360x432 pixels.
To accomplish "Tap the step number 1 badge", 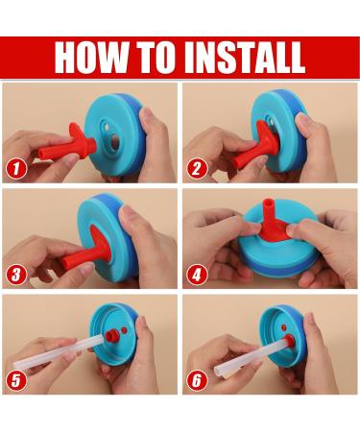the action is coord(16,169).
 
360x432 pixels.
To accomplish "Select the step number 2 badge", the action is coord(197,169).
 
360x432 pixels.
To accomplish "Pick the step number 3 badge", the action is coord(16,275).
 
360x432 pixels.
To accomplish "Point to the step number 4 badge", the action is coord(197,275).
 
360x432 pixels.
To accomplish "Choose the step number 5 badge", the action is coord(16,380).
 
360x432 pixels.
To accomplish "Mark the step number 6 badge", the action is coord(197,380).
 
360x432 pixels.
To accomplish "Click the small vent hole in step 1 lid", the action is coord(107,128).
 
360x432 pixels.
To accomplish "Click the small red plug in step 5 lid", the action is coord(124,330).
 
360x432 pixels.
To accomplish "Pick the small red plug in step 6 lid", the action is coord(283,327).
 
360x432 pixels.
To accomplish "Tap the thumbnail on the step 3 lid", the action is coord(128,213).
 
